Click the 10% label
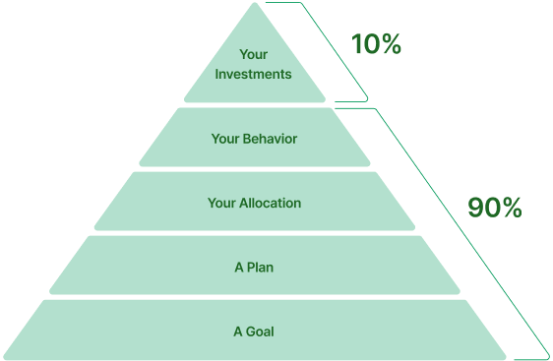click(x=376, y=45)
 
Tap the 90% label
click(x=494, y=209)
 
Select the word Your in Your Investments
click(x=253, y=55)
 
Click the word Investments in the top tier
click(x=253, y=74)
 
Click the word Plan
click(x=260, y=268)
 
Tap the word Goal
click(x=260, y=331)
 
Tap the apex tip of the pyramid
click(x=255, y=6)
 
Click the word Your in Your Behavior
click(x=225, y=139)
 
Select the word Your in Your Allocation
click(x=221, y=204)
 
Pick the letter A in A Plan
click(x=238, y=268)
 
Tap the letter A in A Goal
click(x=238, y=331)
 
